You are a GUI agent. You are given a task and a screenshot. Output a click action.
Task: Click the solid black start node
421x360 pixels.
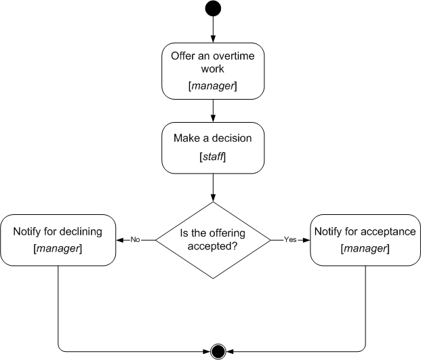pos(213,9)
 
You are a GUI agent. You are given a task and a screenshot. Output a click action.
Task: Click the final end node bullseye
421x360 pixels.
pos(218,351)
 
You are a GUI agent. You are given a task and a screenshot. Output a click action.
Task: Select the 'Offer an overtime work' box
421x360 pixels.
pos(213,71)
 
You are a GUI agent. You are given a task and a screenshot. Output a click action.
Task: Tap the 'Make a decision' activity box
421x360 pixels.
pos(213,147)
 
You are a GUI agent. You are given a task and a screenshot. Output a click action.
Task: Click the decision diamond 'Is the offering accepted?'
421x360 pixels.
pos(213,240)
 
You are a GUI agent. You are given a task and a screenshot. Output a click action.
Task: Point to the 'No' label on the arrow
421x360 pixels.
pos(135,240)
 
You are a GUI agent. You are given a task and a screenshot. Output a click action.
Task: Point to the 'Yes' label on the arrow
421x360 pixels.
pos(289,240)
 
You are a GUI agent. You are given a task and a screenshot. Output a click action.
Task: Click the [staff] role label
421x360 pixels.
pos(213,157)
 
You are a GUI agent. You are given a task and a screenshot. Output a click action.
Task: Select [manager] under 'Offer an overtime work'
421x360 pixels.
pos(213,86)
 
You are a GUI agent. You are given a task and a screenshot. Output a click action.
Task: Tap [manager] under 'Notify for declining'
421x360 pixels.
pos(58,249)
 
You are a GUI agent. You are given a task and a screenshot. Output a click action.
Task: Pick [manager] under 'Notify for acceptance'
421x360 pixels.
pos(365,249)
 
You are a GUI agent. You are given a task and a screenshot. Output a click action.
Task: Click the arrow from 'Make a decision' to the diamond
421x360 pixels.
pos(213,186)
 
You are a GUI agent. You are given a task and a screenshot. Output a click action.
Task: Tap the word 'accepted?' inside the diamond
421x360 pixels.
pos(213,247)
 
